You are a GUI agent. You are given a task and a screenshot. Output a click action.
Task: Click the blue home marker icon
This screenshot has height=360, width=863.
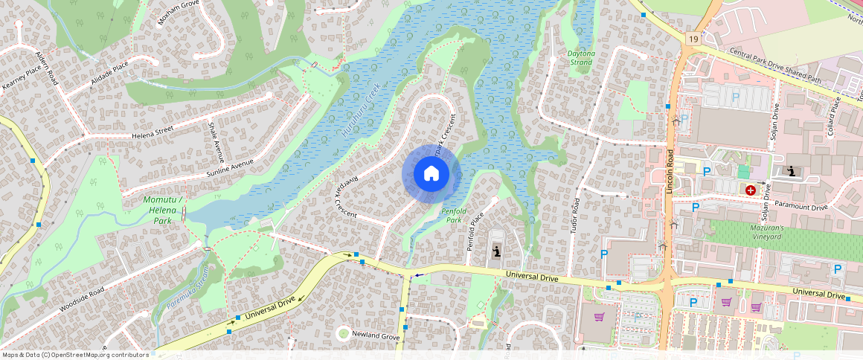click(431, 173)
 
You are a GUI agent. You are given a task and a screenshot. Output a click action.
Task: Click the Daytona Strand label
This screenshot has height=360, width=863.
click(580, 58)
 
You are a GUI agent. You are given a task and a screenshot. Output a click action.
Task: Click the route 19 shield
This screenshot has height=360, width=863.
click(693, 38)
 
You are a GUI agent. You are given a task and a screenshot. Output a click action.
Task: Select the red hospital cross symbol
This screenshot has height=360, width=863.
click(750, 190)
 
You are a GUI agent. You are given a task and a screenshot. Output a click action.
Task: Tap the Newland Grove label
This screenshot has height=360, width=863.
click(376, 336)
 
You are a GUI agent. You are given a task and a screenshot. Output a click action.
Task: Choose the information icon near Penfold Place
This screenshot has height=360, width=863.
click(496, 253)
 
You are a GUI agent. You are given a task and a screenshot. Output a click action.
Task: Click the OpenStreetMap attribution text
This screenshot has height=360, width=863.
click(74, 355)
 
